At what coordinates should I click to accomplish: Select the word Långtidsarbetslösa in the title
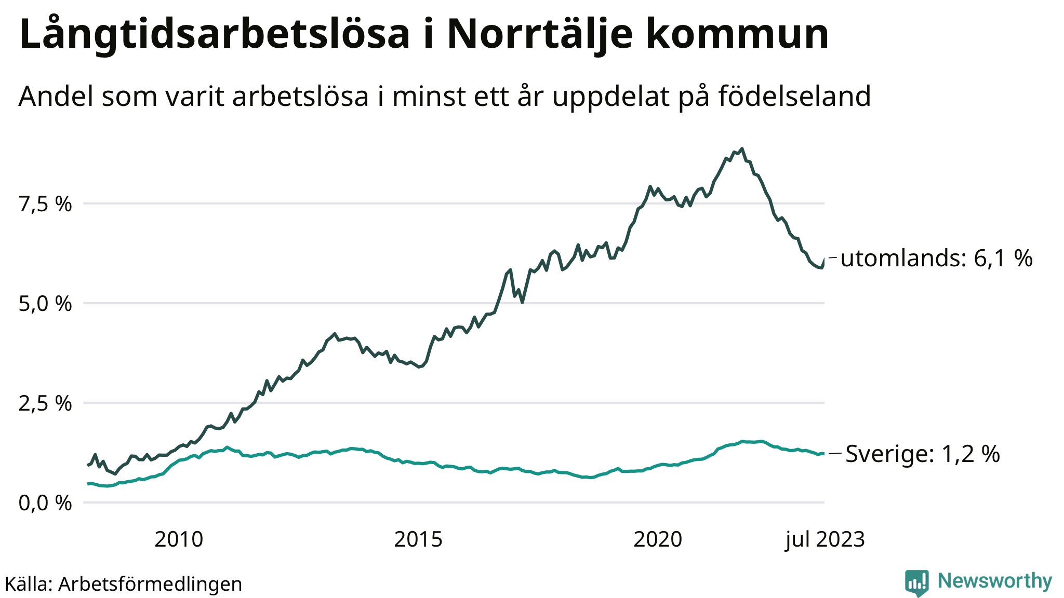pos(215,35)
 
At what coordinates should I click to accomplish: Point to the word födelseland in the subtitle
pos(794,97)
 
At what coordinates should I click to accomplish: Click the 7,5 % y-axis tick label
pos(45,205)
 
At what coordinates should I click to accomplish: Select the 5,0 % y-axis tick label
pos(45,304)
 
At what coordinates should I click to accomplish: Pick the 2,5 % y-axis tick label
pos(45,404)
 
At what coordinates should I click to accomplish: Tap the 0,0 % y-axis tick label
pos(45,503)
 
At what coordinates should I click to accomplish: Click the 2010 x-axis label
pos(179,540)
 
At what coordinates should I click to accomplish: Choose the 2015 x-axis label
pos(418,540)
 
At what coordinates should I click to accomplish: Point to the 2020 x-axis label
pos(658,540)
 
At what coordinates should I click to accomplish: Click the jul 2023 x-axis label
pos(825,540)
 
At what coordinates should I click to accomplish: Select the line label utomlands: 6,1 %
pos(936,259)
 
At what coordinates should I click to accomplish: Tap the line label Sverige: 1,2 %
pos(923,454)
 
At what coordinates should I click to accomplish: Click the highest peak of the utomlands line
pos(741,149)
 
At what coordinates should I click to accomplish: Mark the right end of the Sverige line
pos(823,454)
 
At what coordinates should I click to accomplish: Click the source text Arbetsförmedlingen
pos(150,584)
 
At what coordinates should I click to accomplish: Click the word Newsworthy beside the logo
pos(995,581)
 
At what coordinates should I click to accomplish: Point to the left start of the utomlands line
pos(87,465)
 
